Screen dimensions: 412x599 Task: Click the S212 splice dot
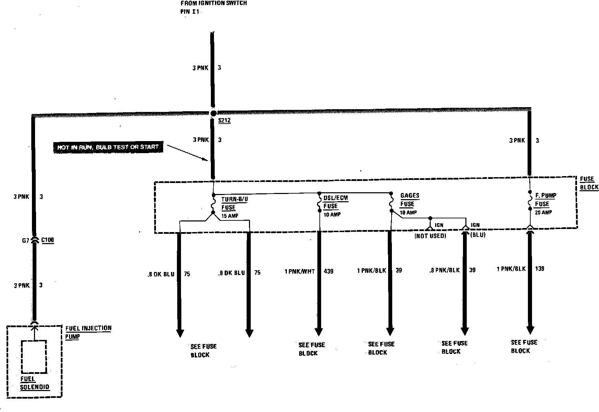point(213,113)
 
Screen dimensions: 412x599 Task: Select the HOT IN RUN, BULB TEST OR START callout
point(108,147)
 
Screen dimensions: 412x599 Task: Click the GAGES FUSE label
point(409,199)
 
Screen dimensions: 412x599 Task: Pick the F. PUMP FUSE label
point(545,199)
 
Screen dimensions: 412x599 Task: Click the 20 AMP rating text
point(543,213)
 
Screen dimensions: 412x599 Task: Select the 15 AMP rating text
point(229,216)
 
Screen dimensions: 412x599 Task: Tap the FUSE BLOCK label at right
point(589,183)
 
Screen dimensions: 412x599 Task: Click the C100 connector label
point(47,240)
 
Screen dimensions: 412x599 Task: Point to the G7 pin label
point(26,241)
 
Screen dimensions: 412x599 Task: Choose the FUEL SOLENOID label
point(34,383)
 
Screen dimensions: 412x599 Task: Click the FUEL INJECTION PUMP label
point(88,332)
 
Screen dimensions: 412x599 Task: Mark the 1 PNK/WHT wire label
point(299,272)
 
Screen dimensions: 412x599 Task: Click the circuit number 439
point(329,272)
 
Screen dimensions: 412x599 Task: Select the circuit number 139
point(540,268)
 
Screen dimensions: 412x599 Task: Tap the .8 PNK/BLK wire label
point(444,270)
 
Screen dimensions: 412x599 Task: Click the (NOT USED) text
point(430,236)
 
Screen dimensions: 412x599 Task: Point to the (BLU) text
point(478,235)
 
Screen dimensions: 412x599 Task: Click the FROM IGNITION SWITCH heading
point(214,3)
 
